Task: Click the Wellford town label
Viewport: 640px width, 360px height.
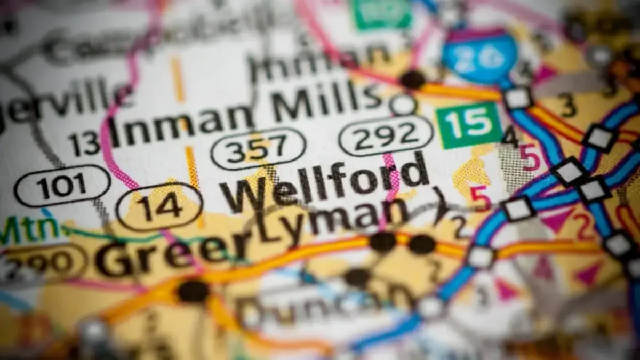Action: click(325, 184)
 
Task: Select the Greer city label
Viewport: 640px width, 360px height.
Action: click(165, 251)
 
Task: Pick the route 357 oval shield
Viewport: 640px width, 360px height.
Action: click(258, 148)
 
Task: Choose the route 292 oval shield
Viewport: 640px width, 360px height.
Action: click(386, 135)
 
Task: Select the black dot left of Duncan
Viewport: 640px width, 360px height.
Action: click(193, 291)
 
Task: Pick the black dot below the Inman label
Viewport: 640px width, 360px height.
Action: click(412, 79)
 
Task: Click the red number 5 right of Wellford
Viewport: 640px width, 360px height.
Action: click(480, 198)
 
